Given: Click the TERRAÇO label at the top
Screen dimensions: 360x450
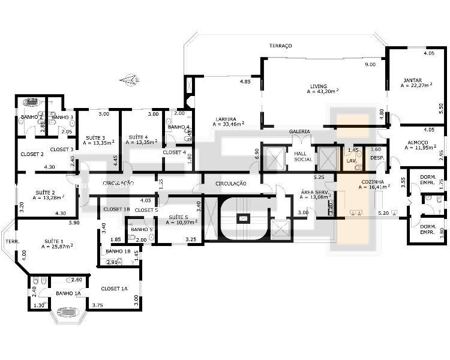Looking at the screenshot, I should [x=280, y=46].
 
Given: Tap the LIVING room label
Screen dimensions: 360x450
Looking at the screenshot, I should [x=319, y=85].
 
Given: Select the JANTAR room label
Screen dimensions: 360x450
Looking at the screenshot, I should [x=412, y=80].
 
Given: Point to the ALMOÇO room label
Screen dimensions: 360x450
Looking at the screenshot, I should [x=412, y=141].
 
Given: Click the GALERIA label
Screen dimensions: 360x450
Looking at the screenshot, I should [x=299, y=131].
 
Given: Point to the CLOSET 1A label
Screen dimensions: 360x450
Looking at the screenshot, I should [x=114, y=289].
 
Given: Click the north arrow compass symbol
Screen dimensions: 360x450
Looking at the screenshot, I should [x=129, y=79].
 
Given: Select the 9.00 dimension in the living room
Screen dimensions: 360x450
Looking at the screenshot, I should [x=369, y=64].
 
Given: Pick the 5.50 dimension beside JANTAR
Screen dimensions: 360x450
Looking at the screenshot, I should [x=441, y=106].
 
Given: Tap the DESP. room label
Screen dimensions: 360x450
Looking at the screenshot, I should [x=377, y=158].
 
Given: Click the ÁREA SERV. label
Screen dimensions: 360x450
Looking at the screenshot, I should [x=313, y=191].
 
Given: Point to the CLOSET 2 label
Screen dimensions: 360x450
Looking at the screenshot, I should [x=32, y=154].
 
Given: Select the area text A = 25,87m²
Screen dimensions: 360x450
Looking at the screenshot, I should [x=53, y=247].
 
